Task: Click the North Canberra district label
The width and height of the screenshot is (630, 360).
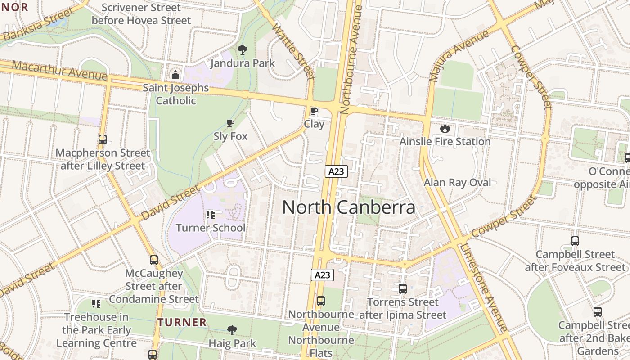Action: coord(349,207)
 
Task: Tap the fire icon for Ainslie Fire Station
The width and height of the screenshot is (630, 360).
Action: coord(445,128)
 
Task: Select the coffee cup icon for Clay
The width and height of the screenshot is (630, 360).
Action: coord(314,111)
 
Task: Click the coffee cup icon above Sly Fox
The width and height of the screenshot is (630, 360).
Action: coord(230,123)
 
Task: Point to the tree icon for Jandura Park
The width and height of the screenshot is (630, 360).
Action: coord(243,49)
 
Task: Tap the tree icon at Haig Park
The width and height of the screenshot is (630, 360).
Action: coord(232,330)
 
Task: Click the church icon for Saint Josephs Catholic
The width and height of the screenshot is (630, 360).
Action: coord(175,74)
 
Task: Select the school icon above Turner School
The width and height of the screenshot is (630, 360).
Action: coord(211,215)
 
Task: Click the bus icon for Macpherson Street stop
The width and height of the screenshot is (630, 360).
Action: coord(103,139)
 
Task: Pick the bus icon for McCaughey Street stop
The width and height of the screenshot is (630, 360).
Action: coord(154,260)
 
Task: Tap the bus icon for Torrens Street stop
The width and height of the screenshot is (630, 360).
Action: coord(403,288)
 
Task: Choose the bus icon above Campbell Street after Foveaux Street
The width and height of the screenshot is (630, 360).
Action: coord(575,241)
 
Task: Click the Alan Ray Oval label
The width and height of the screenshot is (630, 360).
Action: coord(457,182)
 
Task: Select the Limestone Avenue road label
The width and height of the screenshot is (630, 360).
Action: coord(484,288)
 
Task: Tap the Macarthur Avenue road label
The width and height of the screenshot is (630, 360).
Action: coord(59,71)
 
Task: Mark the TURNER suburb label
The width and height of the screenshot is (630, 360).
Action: coord(182,322)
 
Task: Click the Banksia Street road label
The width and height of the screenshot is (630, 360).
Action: coord(38,25)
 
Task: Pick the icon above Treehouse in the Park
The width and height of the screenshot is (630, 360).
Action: coord(96,304)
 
